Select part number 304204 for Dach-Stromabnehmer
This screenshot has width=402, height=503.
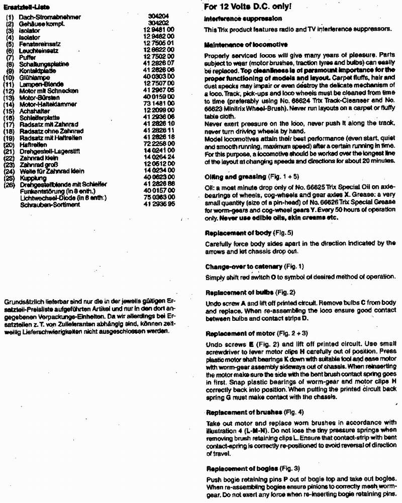(159, 17)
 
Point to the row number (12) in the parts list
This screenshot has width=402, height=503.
(10, 90)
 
